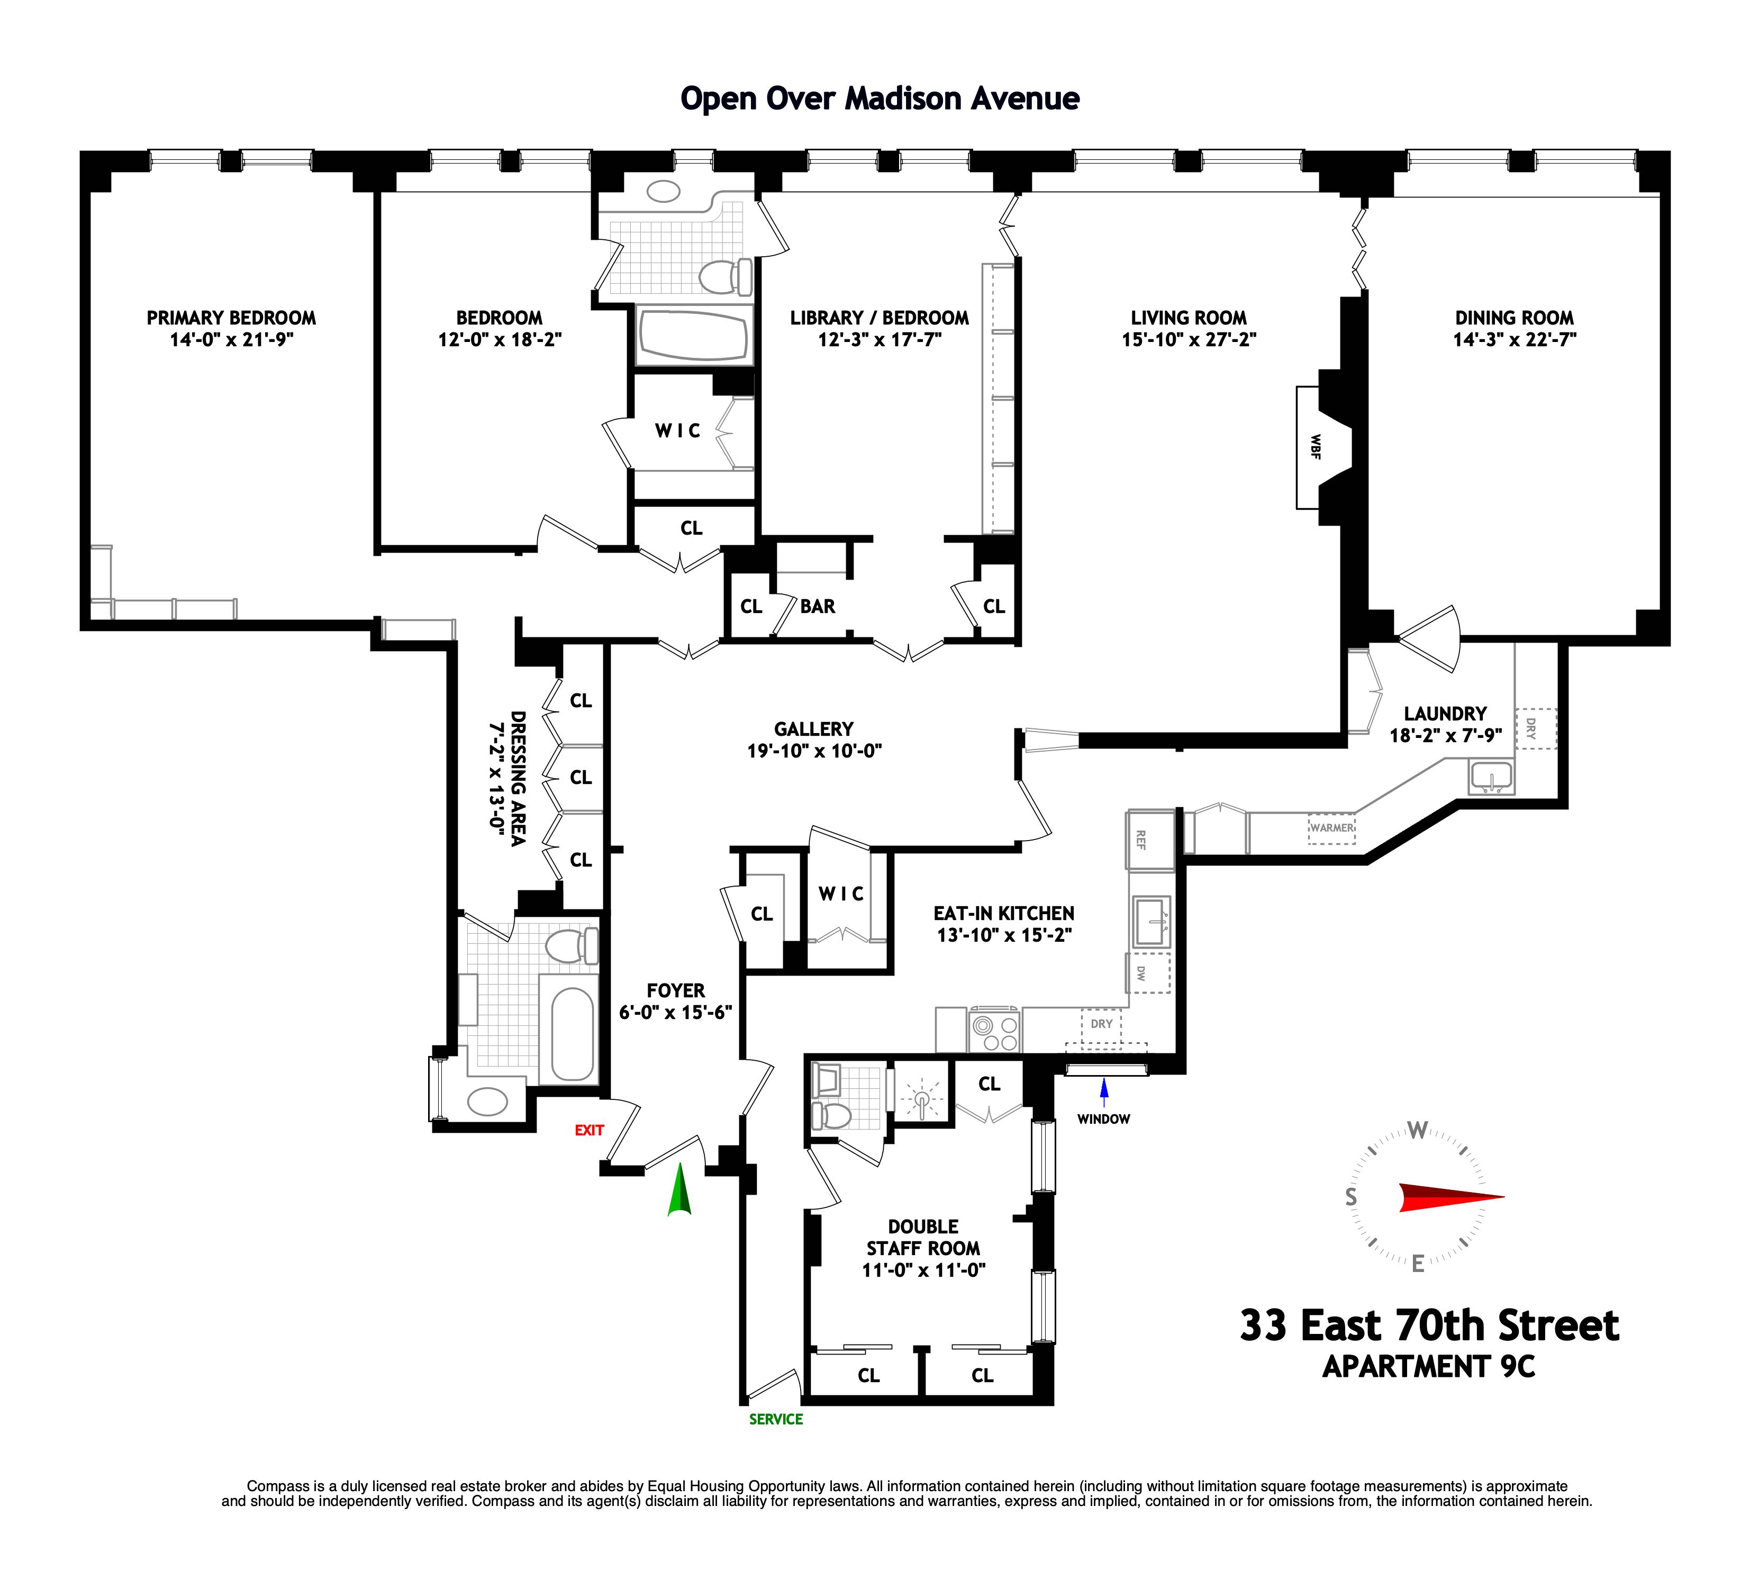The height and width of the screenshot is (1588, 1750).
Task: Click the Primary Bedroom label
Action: point(231,318)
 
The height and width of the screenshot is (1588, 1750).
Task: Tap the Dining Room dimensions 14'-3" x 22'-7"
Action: point(1515,339)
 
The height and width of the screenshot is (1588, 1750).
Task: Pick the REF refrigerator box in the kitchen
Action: point(1140,840)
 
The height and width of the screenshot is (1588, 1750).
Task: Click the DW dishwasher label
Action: point(1140,973)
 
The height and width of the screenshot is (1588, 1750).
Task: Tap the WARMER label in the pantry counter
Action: point(1331,827)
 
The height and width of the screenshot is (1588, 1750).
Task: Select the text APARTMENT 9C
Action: point(1428,1367)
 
